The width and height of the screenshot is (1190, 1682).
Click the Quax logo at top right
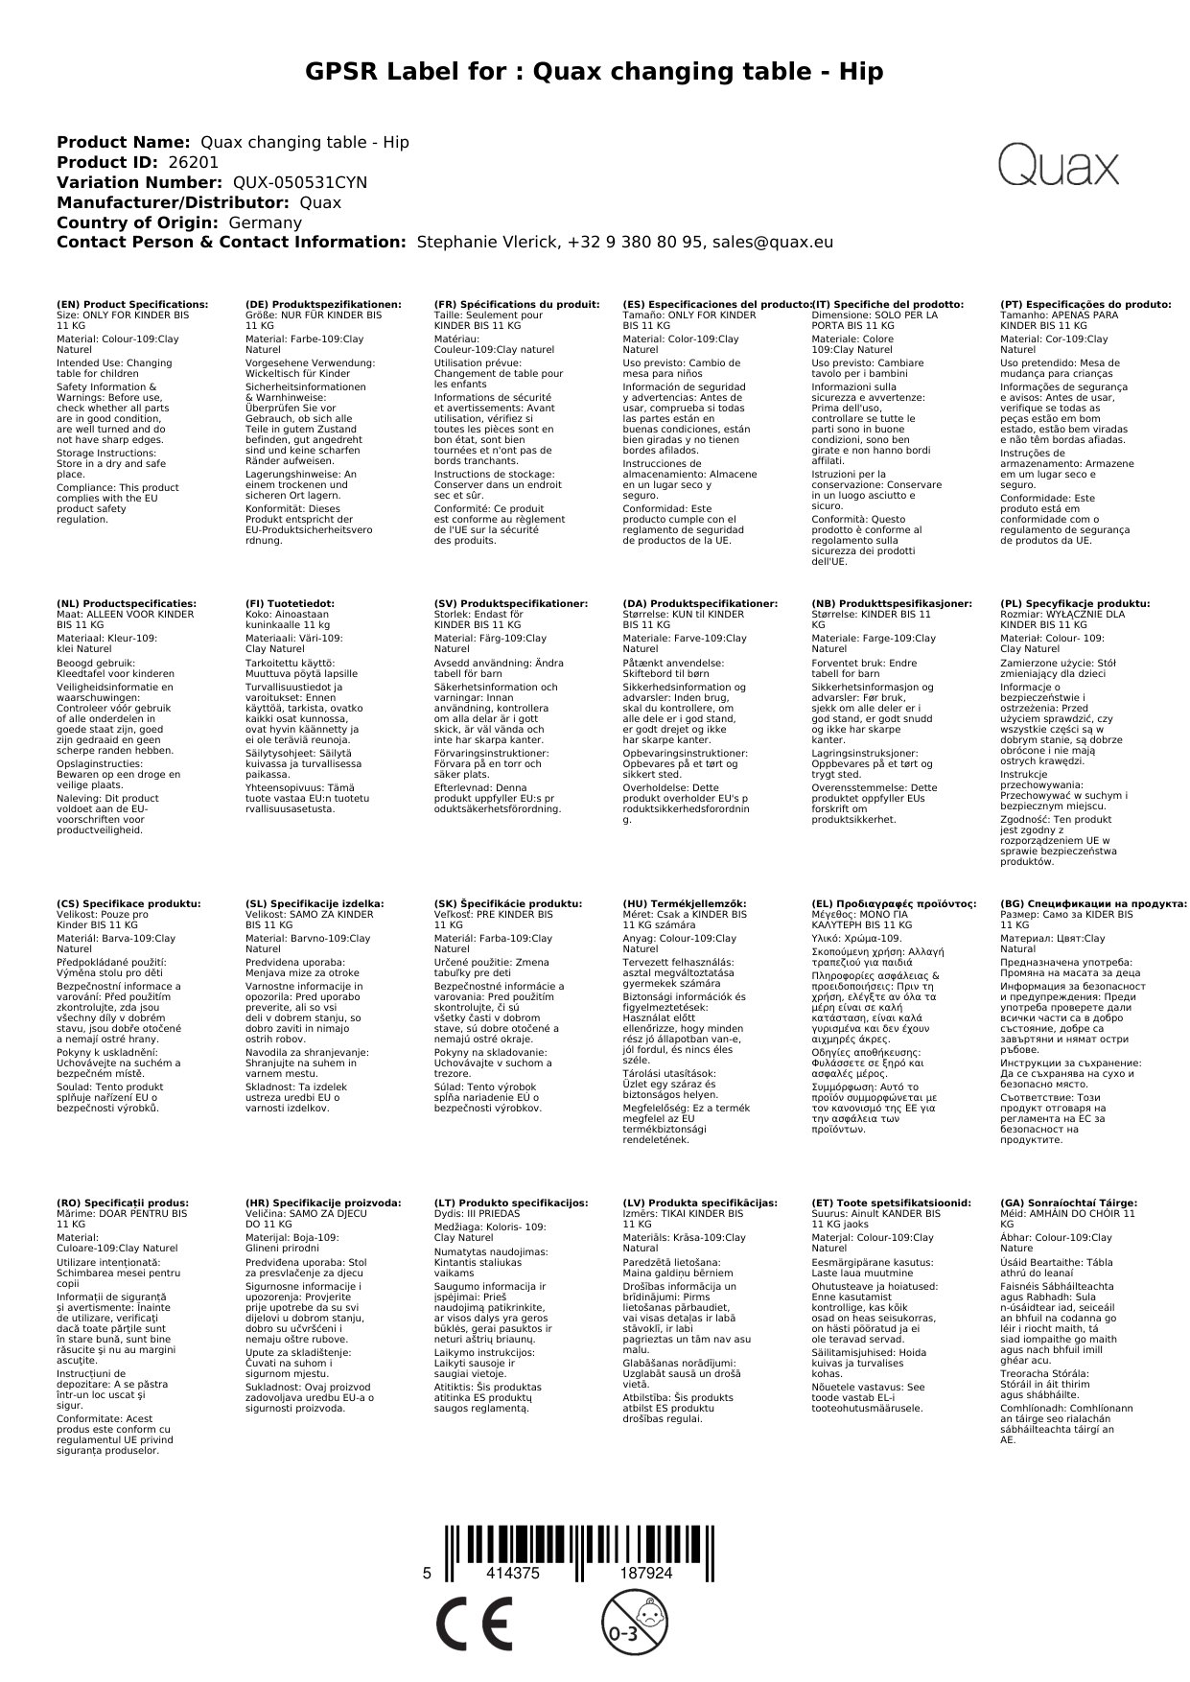coord(1058,165)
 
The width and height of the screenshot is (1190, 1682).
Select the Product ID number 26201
coord(193,162)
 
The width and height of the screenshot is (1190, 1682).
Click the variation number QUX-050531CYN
coord(300,182)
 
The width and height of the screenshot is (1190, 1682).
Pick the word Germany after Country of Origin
coord(265,222)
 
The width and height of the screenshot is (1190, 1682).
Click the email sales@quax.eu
coord(772,243)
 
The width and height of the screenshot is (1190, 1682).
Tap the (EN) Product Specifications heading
coord(132,304)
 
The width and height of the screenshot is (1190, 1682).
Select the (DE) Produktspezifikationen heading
coord(323,304)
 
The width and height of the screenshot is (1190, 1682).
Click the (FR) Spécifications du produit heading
coord(517,304)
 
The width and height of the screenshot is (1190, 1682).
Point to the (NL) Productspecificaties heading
coord(127,603)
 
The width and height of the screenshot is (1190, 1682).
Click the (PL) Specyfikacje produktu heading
coord(1075,603)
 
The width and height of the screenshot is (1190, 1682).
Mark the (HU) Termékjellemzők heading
coord(684,903)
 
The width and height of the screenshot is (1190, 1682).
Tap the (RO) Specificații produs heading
coord(123,1203)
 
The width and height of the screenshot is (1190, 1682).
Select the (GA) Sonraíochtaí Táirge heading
coord(1068,1203)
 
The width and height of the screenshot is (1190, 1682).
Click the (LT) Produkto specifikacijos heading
coord(511,1203)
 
